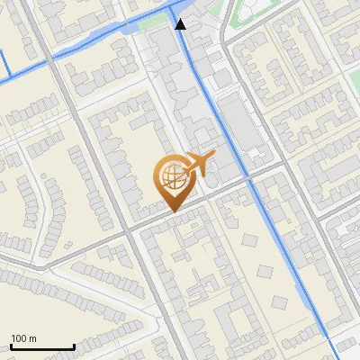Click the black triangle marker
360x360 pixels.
(181, 23)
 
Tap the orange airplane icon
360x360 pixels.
(197, 165)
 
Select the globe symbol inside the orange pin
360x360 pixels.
(170, 177)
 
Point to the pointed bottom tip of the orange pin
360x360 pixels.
(171, 211)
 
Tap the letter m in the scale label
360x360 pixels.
(32, 338)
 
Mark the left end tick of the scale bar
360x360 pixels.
(11, 346)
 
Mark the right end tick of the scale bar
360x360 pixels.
(74, 346)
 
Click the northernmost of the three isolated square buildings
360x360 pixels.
(249, 240)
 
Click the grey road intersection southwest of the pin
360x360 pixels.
(128, 230)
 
